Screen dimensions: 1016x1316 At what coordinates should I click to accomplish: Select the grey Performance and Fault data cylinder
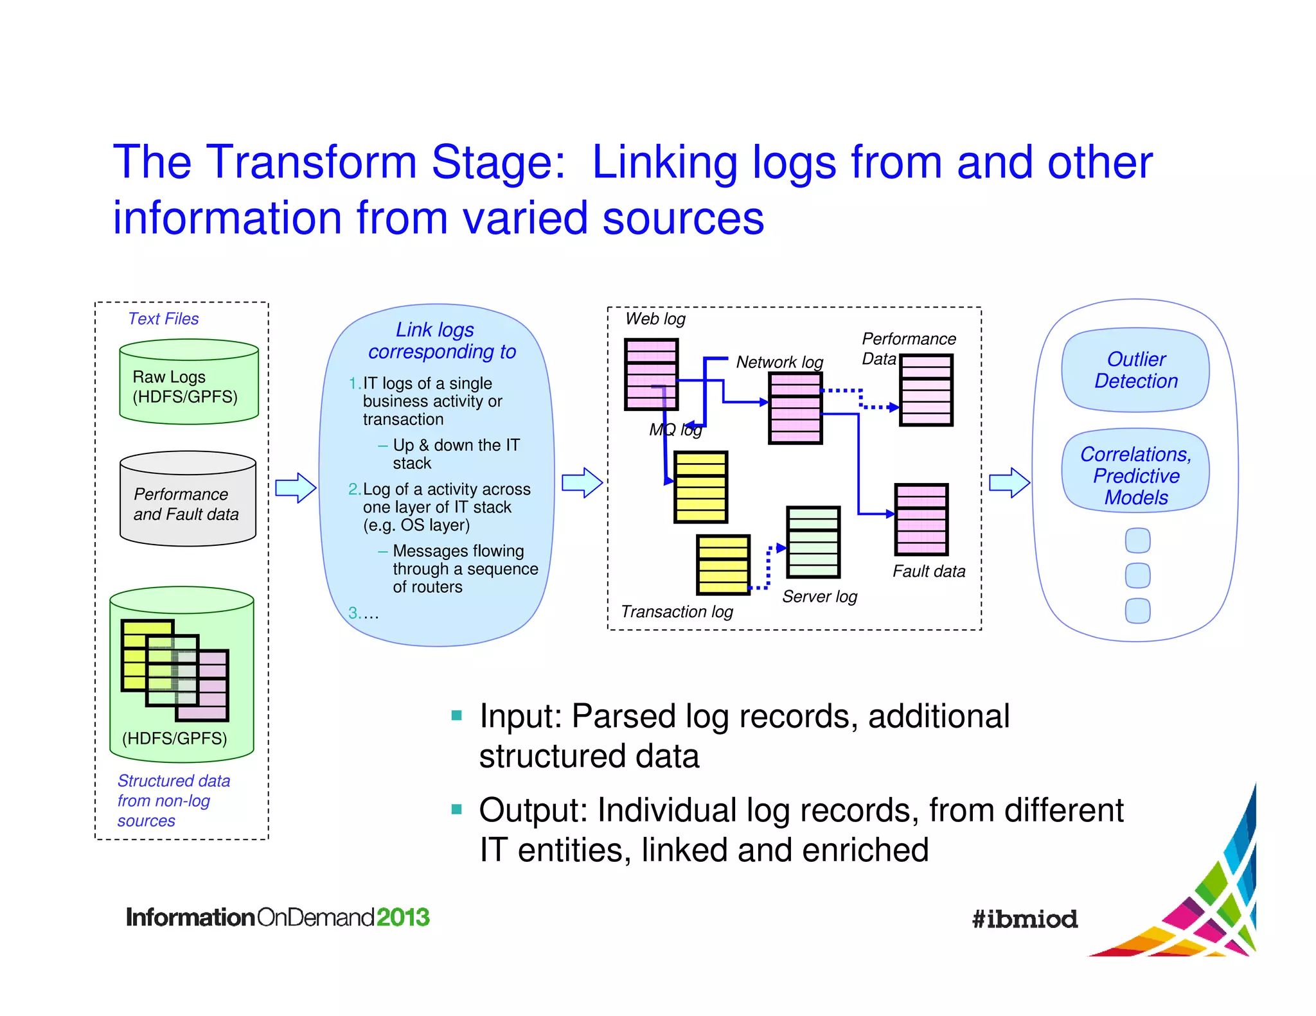(x=188, y=501)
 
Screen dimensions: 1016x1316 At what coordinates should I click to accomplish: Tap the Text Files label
(x=163, y=319)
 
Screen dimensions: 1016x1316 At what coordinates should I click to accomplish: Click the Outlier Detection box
(x=1135, y=371)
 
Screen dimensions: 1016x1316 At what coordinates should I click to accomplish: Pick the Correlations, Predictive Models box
(x=1135, y=475)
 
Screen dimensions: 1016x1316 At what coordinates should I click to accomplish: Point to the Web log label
(x=655, y=319)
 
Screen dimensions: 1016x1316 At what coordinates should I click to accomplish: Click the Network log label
(x=779, y=362)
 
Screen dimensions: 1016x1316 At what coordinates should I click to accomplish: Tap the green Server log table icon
(x=813, y=542)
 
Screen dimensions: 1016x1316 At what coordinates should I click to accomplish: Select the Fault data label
(x=929, y=571)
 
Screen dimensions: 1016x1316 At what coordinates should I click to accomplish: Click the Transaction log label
(x=677, y=611)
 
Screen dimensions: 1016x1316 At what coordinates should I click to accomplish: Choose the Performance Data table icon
(x=926, y=390)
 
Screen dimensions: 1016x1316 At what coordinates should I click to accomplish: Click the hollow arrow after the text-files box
(x=296, y=488)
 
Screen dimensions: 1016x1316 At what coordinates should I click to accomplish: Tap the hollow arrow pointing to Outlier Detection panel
(x=1009, y=483)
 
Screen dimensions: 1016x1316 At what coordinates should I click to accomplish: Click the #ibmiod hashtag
(x=1024, y=919)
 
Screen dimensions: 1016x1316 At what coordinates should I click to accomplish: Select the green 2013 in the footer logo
(x=403, y=917)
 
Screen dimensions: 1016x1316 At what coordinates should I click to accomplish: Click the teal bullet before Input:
(x=457, y=715)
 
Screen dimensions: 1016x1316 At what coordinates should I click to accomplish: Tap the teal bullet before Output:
(x=457, y=809)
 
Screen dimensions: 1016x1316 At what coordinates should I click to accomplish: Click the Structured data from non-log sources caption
(x=173, y=800)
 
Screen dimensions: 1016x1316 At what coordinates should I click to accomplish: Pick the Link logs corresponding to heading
(x=441, y=340)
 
